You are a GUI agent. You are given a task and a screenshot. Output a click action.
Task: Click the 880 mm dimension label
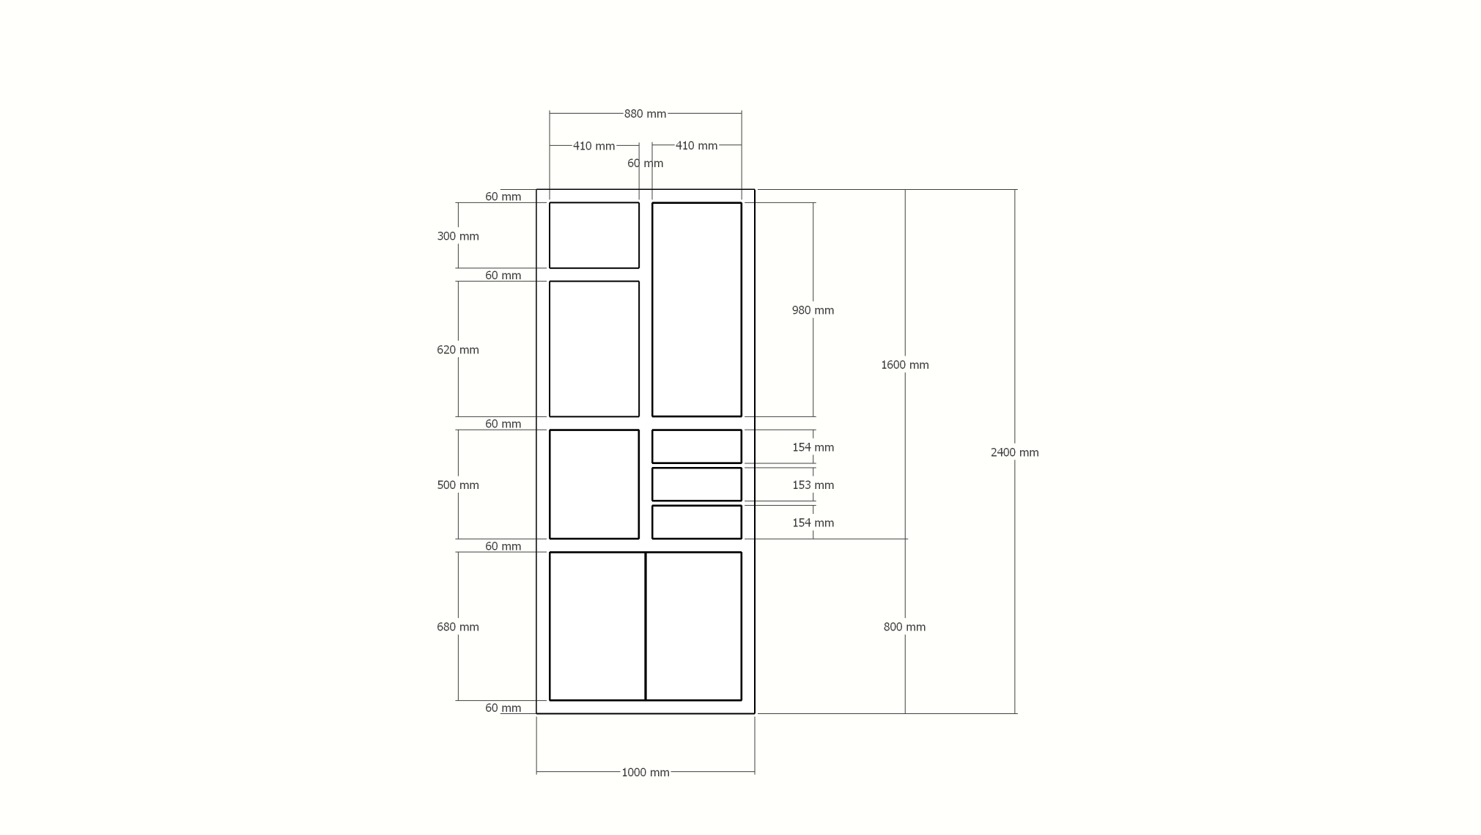(x=645, y=114)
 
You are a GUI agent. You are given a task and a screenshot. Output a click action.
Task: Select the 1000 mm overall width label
(x=645, y=772)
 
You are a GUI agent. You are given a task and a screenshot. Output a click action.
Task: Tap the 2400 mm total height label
(x=1014, y=452)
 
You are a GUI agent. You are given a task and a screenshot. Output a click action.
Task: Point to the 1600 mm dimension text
(x=904, y=364)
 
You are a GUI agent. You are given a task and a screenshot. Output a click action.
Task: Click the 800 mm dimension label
(x=904, y=627)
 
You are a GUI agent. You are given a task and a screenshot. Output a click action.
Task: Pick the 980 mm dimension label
(x=813, y=310)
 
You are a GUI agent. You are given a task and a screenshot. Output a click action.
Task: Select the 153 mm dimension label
(x=813, y=485)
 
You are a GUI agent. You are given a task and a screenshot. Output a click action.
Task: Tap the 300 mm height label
(x=458, y=236)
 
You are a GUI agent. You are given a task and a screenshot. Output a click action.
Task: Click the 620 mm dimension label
(x=458, y=350)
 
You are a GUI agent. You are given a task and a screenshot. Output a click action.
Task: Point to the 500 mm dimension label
(x=458, y=485)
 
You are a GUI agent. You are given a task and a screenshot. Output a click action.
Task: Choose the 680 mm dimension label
(x=458, y=627)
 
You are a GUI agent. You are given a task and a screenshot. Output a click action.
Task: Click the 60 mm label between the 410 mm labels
(x=645, y=163)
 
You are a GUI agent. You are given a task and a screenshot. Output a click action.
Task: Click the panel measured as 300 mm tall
(x=594, y=235)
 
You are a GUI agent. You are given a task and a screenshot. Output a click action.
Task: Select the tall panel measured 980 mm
(x=697, y=309)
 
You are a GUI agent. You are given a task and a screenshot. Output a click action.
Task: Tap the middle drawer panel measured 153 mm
(x=697, y=485)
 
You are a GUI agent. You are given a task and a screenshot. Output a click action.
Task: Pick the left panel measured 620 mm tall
(x=594, y=349)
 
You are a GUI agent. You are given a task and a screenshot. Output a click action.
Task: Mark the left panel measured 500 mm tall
(x=594, y=484)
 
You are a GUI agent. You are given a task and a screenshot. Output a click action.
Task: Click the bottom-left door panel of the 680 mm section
(x=597, y=626)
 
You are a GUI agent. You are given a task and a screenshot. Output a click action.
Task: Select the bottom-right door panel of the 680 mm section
(x=694, y=626)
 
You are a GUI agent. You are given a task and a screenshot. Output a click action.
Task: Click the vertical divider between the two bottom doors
(x=646, y=626)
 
